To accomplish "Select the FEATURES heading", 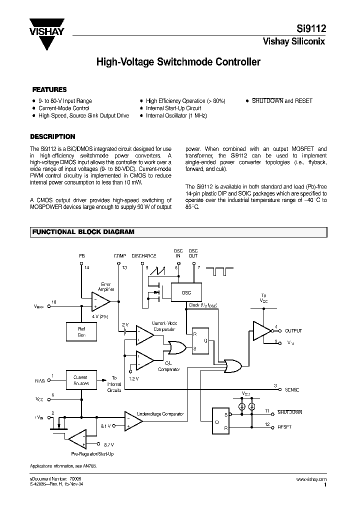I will coord(49,90).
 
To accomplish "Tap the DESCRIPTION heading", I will coord(53,136).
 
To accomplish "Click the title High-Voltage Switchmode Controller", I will coord(178,62).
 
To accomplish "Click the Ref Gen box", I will coord(81,331).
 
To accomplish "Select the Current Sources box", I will coord(81,380).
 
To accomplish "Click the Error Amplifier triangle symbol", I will coord(101,301).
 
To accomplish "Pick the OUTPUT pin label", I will coord(293,331).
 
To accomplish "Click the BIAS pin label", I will coord(39,380).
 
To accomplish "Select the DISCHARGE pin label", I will coord(144,256).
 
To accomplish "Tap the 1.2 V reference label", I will coord(133,378).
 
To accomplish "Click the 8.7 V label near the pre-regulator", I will coord(108,444).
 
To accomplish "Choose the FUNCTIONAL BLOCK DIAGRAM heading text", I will coord(83,232).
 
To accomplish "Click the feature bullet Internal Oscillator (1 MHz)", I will coord(176,115).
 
